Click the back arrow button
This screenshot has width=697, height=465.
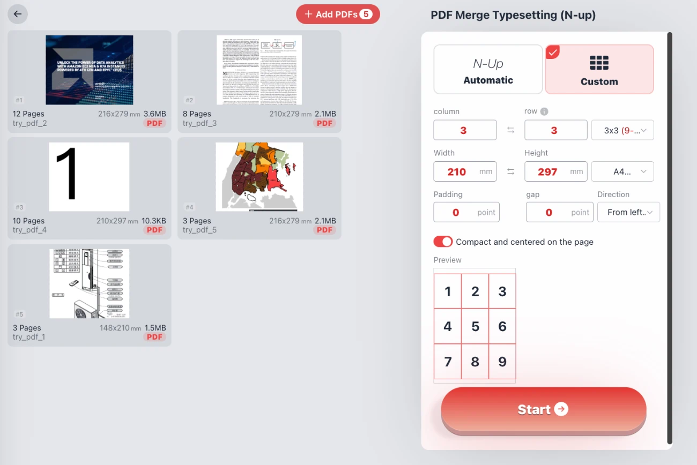click(x=18, y=14)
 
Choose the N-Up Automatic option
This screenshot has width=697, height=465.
click(x=488, y=70)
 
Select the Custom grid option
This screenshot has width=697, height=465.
click(x=599, y=70)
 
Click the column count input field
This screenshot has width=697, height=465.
click(x=465, y=130)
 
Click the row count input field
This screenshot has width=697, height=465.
click(x=555, y=130)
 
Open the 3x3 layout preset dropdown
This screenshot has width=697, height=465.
click(x=622, y=130)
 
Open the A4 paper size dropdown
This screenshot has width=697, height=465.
click(x=622, y=171)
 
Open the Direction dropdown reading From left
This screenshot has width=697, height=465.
click(x=628, y=212)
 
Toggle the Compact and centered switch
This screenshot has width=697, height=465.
click(x=443, y=242)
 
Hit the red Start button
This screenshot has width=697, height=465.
click(x=543, y=410)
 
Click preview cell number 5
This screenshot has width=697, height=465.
click(x=475, y=326)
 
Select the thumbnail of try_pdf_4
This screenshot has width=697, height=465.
click(x=89, y=177)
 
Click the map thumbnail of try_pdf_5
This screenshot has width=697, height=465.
click(x=259, y=177)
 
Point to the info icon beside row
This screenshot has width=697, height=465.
click(x=544, y=111)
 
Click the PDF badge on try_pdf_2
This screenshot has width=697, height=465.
click(x=155, y=123)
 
